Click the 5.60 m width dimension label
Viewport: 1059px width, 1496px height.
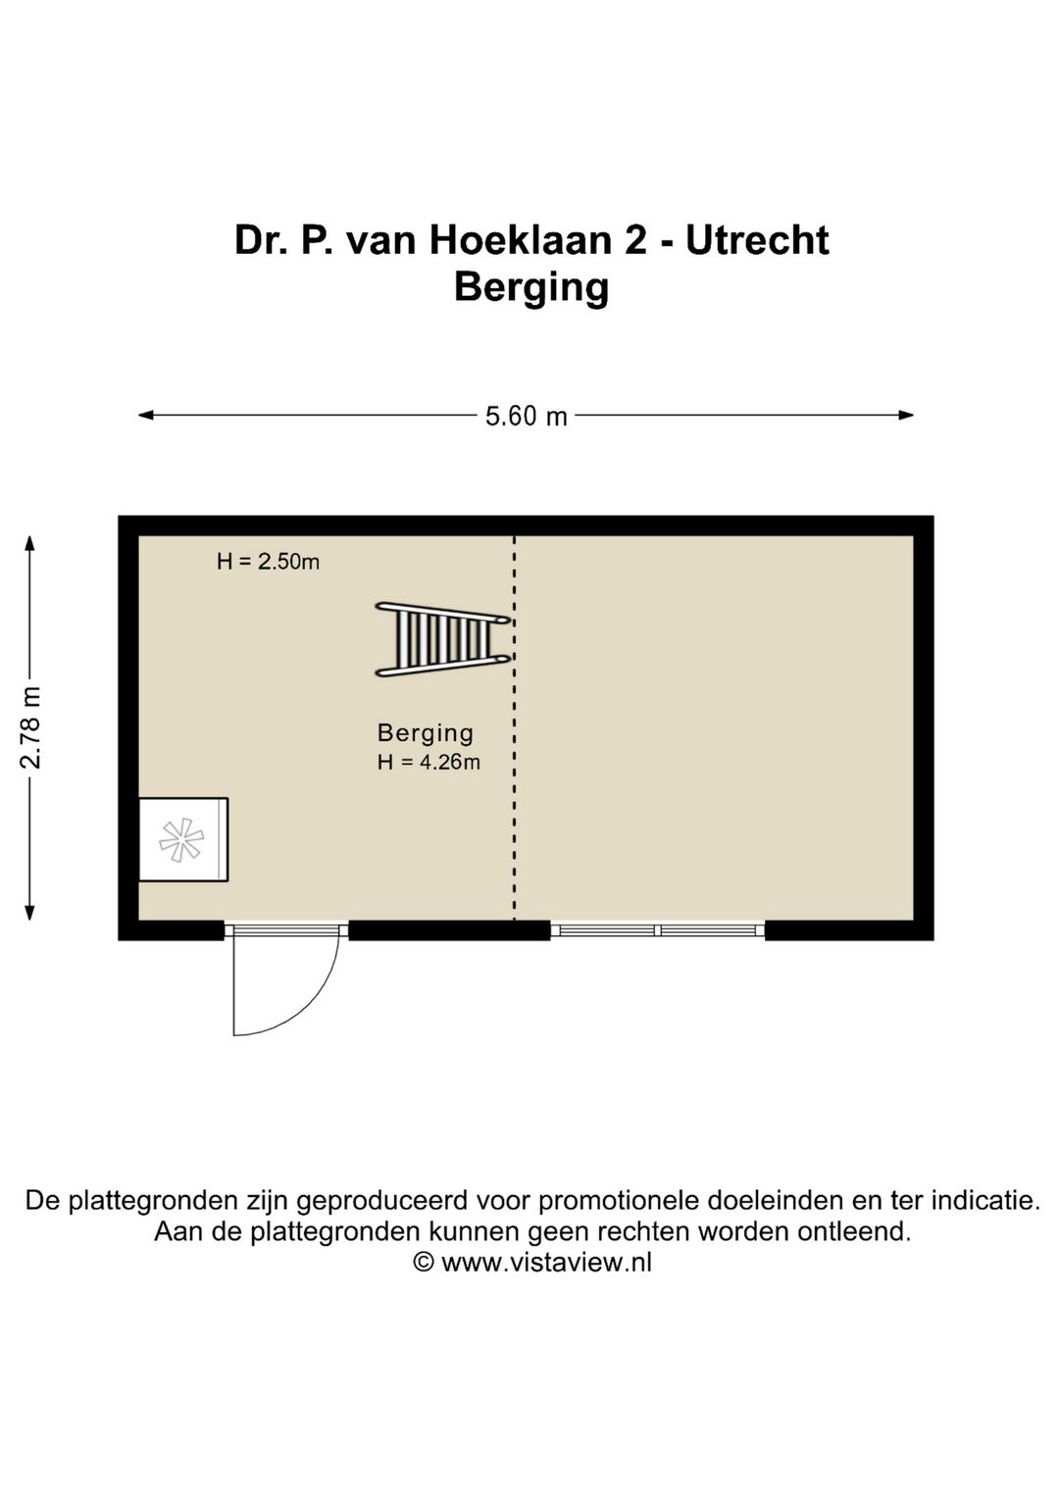tap(527, 416)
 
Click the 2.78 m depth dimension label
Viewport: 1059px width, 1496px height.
tap(31, 727)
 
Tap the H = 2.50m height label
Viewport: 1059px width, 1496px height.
tap(268, 562)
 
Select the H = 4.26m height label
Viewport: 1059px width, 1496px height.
tap(429, 762)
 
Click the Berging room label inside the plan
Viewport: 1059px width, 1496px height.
tap(426, 732)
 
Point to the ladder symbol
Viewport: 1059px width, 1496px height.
tap(441, 639)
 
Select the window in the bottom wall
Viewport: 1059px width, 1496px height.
tap(657, 929)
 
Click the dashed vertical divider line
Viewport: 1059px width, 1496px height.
tap(515, 784)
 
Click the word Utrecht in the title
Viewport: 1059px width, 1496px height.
tap(757, 240)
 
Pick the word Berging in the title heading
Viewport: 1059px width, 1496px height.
tap(530, 287)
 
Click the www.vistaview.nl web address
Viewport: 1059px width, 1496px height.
tap(546, 1263)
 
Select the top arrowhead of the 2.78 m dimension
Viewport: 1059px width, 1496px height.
tap(30, 542)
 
